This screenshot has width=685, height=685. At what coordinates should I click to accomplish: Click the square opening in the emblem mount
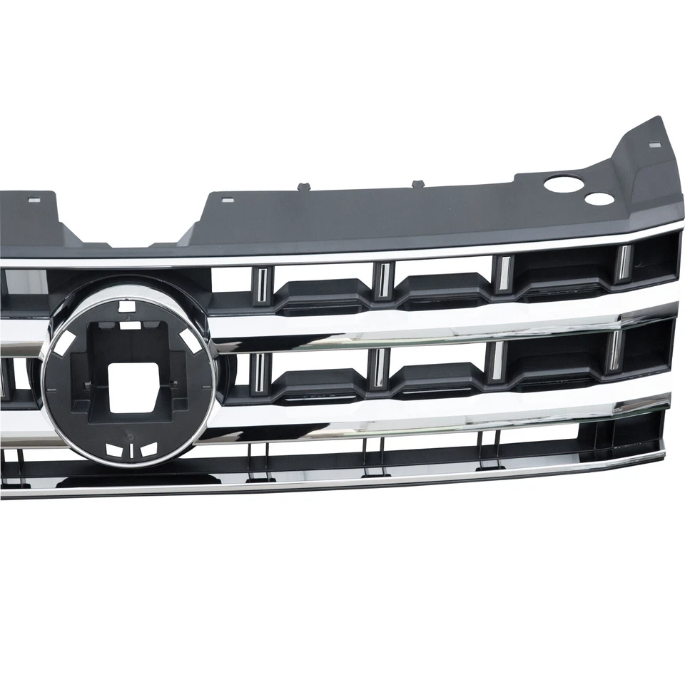click(133, 386)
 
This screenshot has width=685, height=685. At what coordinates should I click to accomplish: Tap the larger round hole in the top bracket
click(564, 184)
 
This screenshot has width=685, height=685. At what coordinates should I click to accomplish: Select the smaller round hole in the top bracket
click(599, 198)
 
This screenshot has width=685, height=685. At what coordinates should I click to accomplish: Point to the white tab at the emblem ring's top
click(126, 308)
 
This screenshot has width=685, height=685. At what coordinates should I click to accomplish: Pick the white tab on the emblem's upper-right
click(191, 340)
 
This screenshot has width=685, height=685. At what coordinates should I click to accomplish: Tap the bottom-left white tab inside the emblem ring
click(113, 450)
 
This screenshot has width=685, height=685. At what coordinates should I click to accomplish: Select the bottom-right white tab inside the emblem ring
click(148, 449)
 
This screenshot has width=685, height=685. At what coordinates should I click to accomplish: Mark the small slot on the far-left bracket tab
click(34, 200)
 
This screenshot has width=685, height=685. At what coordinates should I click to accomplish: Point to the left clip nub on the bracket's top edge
click(303, 186)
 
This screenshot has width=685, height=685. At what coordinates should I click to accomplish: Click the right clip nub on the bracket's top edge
click(417, 183)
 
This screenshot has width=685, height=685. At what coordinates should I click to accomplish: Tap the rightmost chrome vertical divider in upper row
click(623, 262)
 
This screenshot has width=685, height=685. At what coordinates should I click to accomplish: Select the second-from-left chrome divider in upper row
click(384, 279)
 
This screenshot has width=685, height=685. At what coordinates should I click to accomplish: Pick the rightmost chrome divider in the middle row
click(613, 350)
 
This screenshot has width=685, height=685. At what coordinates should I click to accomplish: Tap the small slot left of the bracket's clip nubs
click(227, 200)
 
